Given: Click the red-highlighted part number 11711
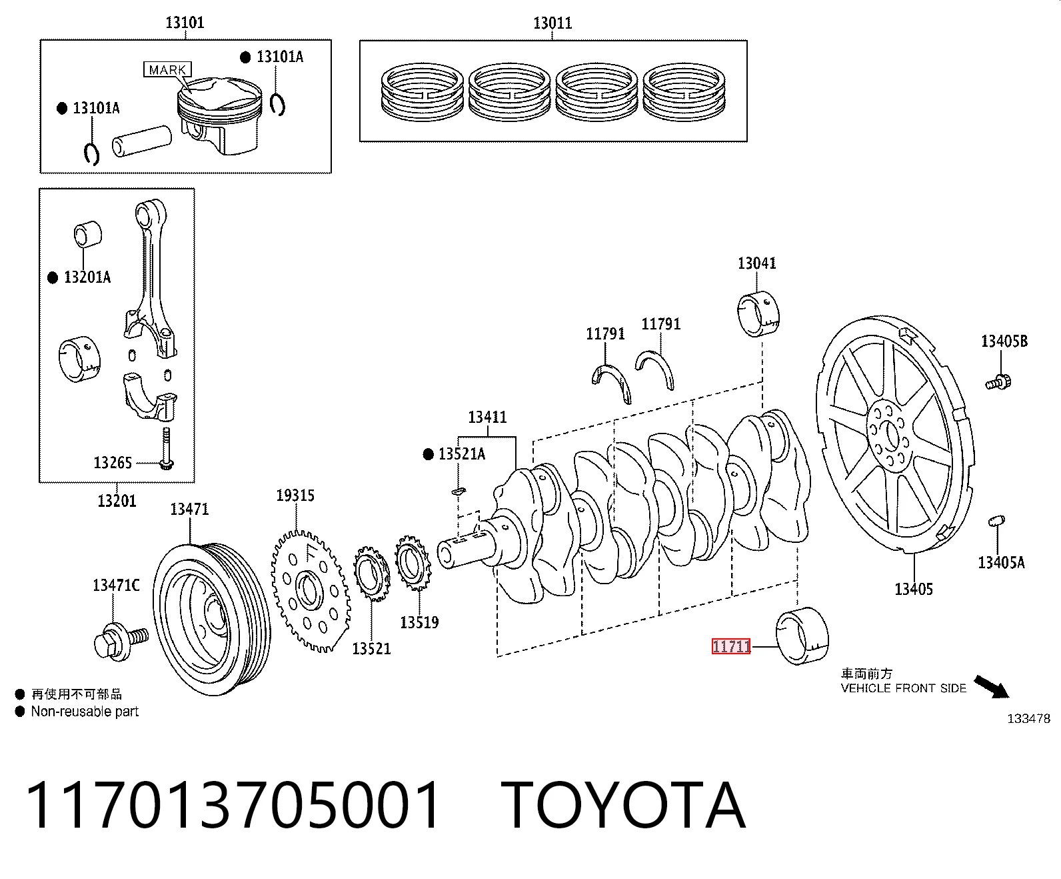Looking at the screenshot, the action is pos(730,646).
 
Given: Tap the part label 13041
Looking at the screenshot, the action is pos(756,263).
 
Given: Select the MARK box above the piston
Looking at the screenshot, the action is pos(168,69).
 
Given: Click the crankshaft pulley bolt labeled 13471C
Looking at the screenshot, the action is pos(121,642).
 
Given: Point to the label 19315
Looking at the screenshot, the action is pos(295,495).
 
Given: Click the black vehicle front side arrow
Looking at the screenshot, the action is pos(992,687).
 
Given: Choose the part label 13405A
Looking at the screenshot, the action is pos(1001,563).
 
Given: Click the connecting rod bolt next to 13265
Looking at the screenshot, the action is pos(166,448).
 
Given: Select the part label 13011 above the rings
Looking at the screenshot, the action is pos(552,23).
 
